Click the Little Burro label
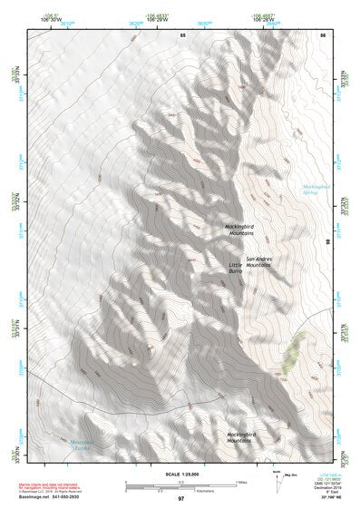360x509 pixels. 236,268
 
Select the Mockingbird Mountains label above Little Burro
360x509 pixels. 240,230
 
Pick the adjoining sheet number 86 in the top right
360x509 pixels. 321,34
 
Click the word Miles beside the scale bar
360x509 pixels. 240,481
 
